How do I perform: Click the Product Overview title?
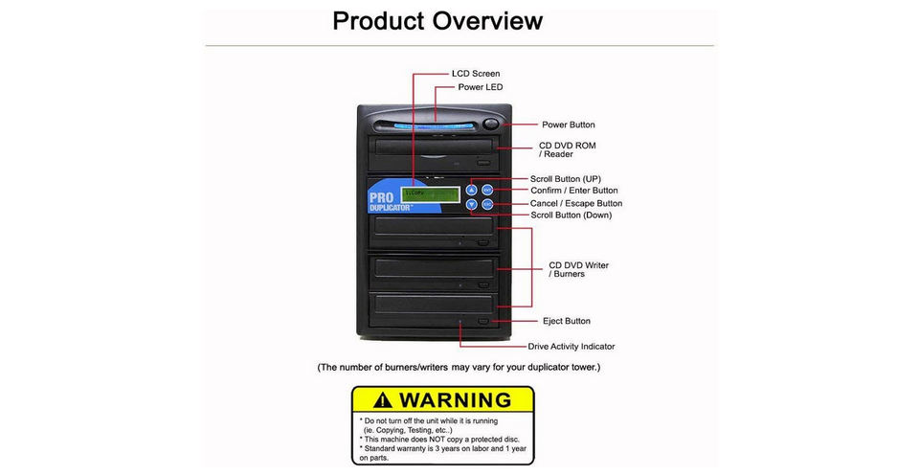437,20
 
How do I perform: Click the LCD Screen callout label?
475,74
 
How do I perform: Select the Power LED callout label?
480,87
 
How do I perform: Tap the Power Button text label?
568,125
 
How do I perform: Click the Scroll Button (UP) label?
566,179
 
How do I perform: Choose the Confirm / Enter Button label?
574,191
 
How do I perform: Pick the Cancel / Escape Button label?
576,203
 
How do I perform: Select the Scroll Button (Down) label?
571,215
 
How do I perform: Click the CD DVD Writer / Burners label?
578,269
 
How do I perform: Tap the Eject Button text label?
565,321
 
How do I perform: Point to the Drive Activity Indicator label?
572,347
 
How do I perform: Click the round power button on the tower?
491,123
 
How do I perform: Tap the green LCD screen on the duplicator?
430,194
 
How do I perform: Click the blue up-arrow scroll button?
471,190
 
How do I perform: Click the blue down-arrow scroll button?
471,204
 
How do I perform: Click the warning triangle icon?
383,400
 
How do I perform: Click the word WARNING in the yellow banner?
455,400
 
